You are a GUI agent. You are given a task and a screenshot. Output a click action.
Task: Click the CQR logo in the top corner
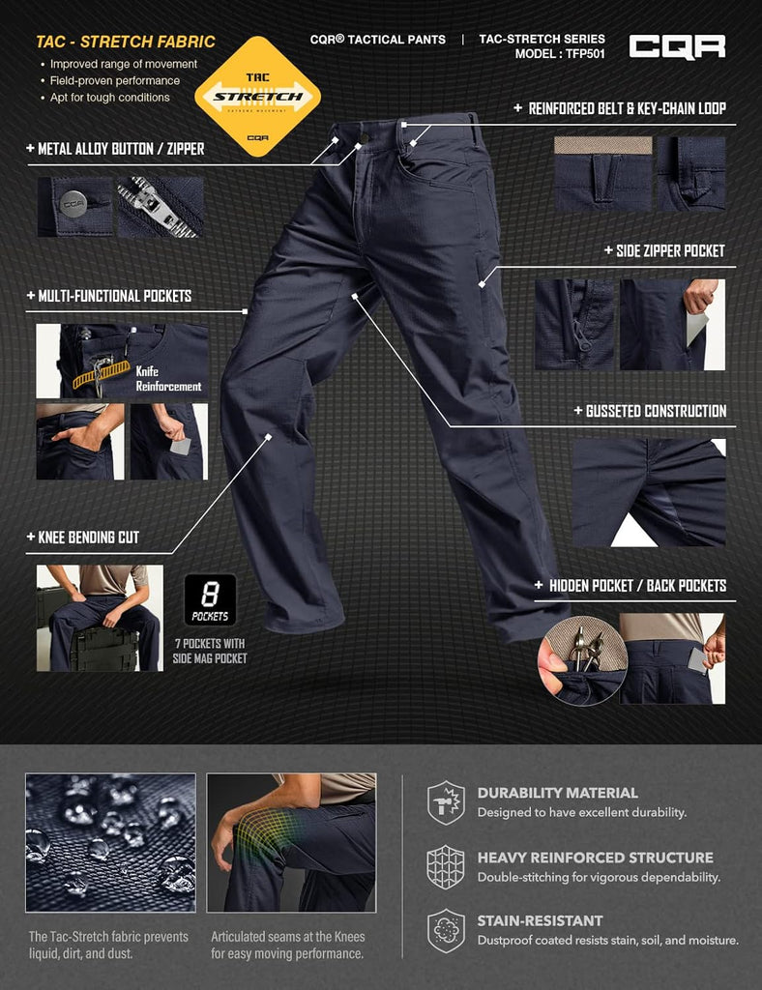(x=677, y=46)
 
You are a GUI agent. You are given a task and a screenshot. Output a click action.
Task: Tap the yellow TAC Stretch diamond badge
(x=257, y=96)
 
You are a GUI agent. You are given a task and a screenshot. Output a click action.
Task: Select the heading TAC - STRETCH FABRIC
(x=126, y=42)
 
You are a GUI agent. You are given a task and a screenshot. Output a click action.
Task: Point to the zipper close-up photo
(x=161, y=207)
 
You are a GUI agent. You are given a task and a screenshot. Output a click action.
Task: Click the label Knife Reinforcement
(x=168, y=379)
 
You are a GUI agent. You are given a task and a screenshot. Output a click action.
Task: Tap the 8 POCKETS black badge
(x=210, y=599)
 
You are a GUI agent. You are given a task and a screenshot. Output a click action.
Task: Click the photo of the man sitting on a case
(x=100, y=618)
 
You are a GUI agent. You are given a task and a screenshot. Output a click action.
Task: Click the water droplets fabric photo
(x=110, y=842)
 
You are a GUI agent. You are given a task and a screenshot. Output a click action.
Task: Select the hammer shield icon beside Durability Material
(x=446, y=802)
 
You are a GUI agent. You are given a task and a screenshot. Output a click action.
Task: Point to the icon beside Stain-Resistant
(x=446, y=931)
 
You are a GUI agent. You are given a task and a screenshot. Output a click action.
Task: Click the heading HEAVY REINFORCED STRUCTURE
(x=596, y=858)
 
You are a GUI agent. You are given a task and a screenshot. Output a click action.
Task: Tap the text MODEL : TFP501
(x=559, y=54)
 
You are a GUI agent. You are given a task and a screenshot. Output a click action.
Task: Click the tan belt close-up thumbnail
(x=602, y=173)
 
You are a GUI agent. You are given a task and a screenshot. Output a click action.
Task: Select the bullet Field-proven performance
(x=115, y=81)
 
